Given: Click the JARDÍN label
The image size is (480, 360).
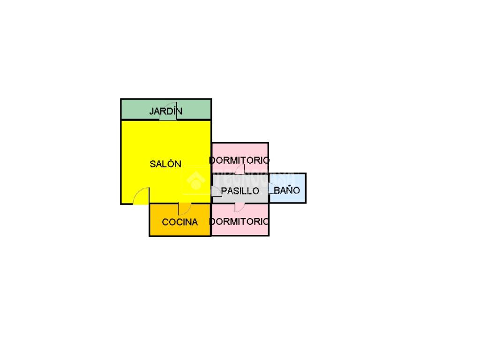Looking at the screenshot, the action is coord(165,112).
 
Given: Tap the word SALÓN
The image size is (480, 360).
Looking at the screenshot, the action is coord(165,164).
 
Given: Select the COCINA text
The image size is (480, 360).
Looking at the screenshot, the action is coord(180,222).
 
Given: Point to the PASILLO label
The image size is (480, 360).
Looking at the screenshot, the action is coord(240,191).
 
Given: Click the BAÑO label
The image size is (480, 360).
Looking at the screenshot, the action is coord(287,191).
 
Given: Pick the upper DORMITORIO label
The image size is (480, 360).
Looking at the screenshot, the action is coord(240,160).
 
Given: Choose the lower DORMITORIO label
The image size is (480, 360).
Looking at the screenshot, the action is coord(240,221).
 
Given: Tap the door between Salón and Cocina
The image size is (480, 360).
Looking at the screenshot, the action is coord(184,208).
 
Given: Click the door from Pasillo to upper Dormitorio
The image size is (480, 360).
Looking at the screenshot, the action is coord(240,170).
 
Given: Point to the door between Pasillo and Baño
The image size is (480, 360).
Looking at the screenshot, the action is coord(271,188).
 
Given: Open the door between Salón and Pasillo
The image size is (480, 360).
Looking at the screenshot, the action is coord(216,191).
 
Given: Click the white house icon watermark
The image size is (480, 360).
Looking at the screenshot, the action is coord(195,180).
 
